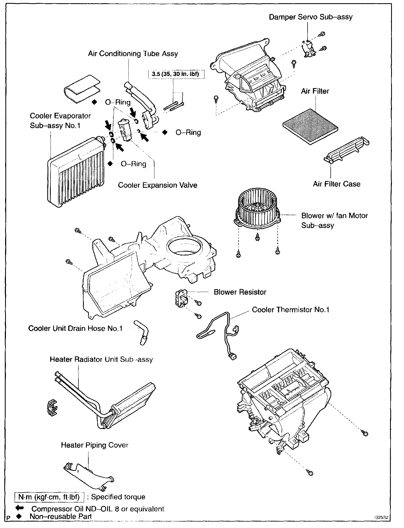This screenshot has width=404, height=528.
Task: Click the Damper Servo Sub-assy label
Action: (x=311, y=17)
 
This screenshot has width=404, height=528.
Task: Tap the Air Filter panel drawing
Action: (x=310, y=127)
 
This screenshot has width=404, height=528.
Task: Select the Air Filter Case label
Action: (x=336, y=184)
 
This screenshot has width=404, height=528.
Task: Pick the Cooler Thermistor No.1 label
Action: (x=290, y=310)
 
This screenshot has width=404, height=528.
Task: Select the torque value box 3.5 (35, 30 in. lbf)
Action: (x=175, y=74)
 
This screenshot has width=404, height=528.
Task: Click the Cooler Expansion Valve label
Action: (x=157, y=185)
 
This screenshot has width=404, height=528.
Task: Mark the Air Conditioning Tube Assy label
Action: (x=133, y=54)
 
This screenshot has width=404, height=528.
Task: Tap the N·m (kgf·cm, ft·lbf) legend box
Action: (x=49, y=497)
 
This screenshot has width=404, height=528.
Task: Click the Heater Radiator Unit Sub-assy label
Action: (x=101, y=360)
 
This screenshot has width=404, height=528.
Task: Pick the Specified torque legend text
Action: (x=118, y=497)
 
